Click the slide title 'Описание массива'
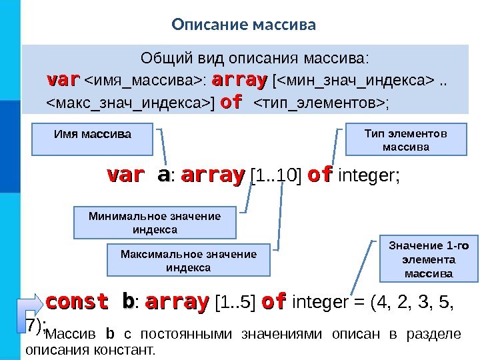coord(243,25)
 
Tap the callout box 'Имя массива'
coord(93,135)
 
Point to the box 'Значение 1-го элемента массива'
coord(428,259)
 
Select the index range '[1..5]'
coord(236,303)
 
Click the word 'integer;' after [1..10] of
coord(369,176)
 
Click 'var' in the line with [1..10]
coord(125,175)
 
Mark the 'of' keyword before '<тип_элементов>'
coord(231,103)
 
